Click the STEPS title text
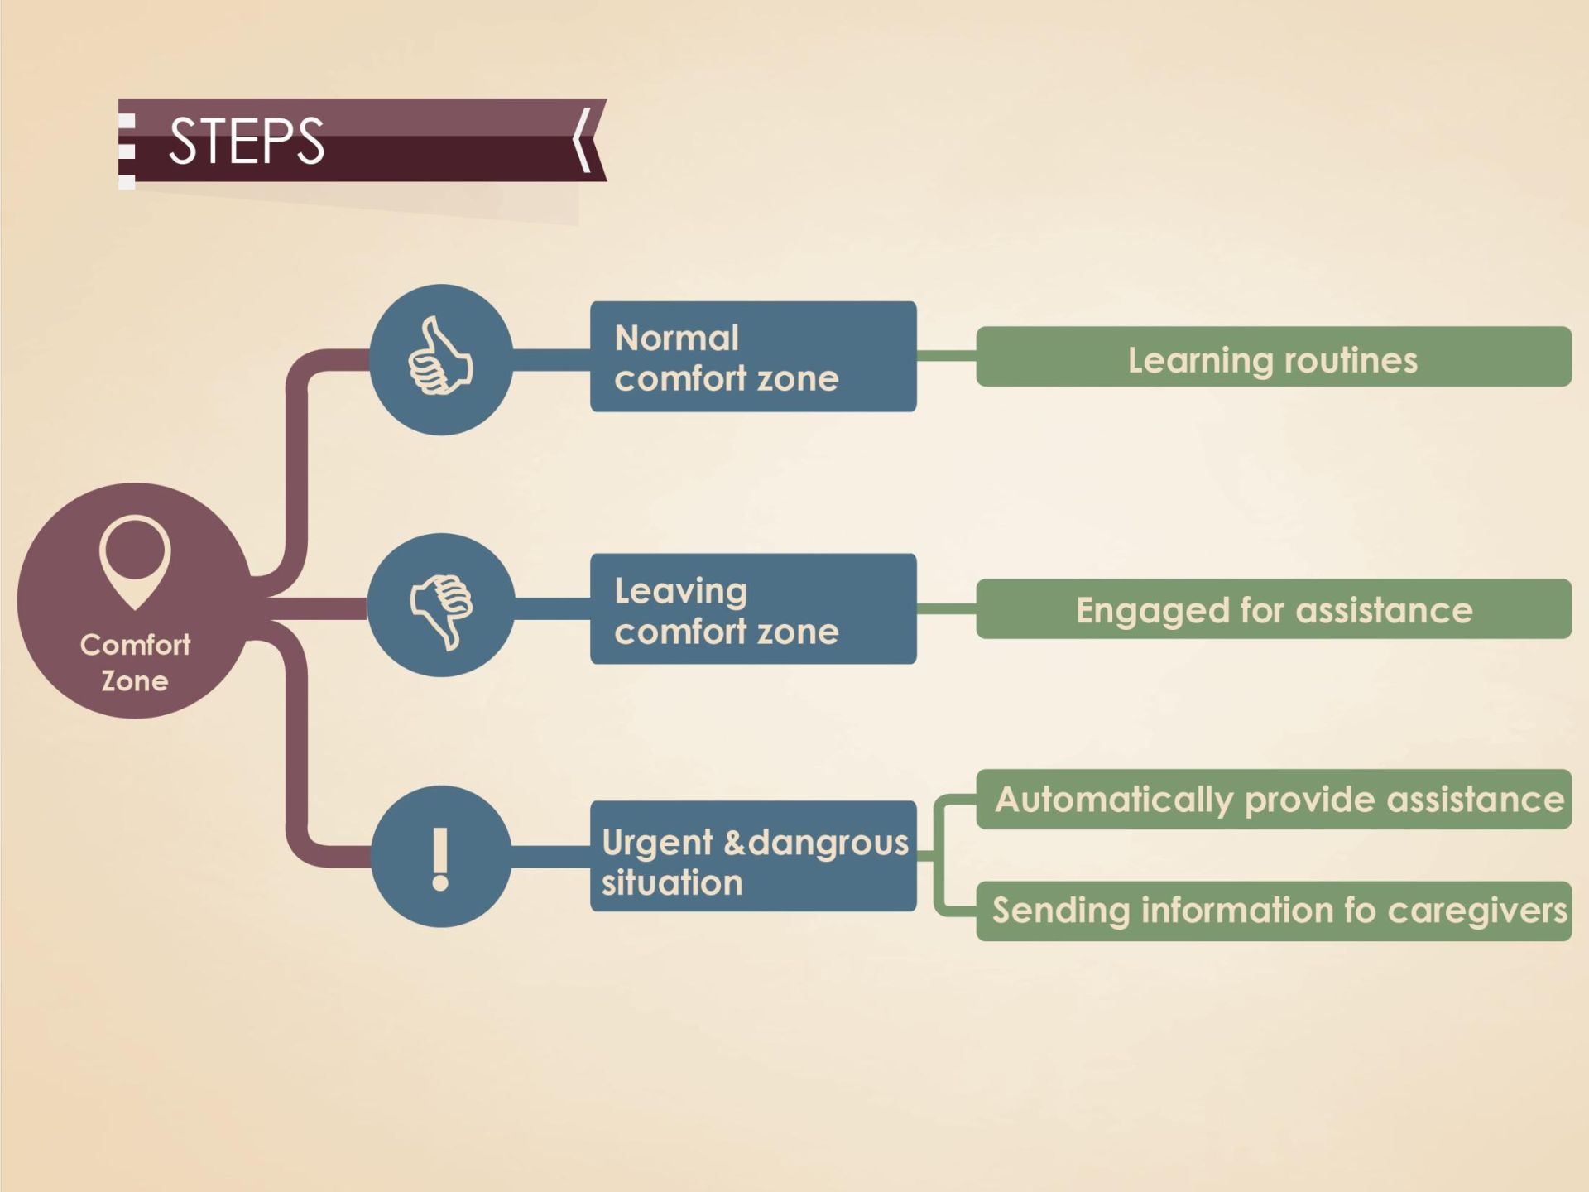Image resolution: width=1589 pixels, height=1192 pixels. coord(247,141)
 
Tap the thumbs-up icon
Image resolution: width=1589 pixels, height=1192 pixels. coord(440,358)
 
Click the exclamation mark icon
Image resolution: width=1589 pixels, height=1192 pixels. coord(440,858)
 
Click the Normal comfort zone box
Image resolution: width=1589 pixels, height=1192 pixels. coord(752,357)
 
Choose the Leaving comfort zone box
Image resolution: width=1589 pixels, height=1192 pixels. coord(752,609)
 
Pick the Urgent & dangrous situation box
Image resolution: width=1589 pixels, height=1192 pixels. coord(752,857)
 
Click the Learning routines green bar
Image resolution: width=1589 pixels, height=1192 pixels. coord(1273,357)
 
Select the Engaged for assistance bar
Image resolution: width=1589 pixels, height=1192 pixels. coord(1273,609)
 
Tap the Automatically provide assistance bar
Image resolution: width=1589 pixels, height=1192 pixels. coord(1273,800)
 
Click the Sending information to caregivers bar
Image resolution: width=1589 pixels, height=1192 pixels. coord(1273,911)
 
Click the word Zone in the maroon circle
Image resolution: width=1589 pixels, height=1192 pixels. coord(135,681)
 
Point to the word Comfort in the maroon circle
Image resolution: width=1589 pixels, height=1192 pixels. coord(135,645)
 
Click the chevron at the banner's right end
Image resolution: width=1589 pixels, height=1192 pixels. coord(583,140)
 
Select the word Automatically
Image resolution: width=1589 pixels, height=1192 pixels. coord(1113,800)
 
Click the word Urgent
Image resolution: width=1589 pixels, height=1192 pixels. coord(657,843)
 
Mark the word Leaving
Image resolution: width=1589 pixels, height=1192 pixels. coord(680,591)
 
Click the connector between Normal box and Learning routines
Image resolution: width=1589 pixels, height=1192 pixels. coord(946,356)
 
